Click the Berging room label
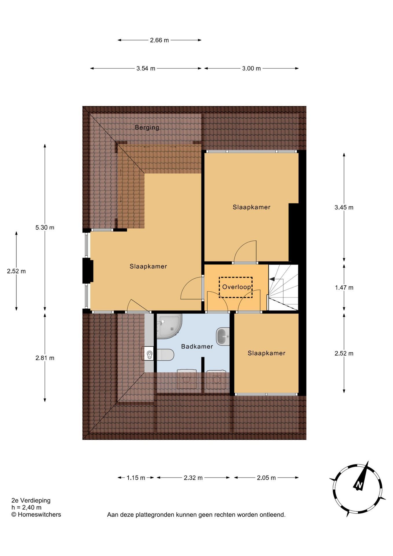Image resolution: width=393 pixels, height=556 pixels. pyautogui.click(x=147, y=127)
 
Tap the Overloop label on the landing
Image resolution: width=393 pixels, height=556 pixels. pyautogui.click(x=236, y=287)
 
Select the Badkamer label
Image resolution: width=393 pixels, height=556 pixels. pyautogui.click(x=197, y=346)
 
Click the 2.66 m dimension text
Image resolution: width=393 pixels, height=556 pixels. pyautogui.click(x=159, y=40)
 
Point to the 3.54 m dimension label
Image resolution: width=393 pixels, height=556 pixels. pyautogui.click(x=146, y=69)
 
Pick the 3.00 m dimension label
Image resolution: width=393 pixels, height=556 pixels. pyautogui.click(x=251, y=69)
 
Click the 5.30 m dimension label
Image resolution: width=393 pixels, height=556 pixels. pyautogui.click(x=45, y=228)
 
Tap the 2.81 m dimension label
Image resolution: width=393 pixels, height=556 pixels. pyautogui.click(x=45, y=358)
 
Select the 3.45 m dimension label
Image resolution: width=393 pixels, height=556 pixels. pyautogui.click(x=344, y=207)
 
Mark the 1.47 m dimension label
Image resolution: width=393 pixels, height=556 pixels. pyautogui.click(x=344, y=288)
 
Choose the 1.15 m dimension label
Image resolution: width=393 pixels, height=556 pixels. pyautogui.click(x=136, y=478)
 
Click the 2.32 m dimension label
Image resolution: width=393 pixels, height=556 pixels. pyautogui.click(x=193, y=478)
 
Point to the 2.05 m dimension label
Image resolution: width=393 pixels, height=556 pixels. pyautogui.click(x=266, y=478)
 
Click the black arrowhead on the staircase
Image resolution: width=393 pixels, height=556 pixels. pyautogui.click(x=272, y=279)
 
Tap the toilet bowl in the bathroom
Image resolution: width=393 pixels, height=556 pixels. pyautogui.click(x=165, y=355)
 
